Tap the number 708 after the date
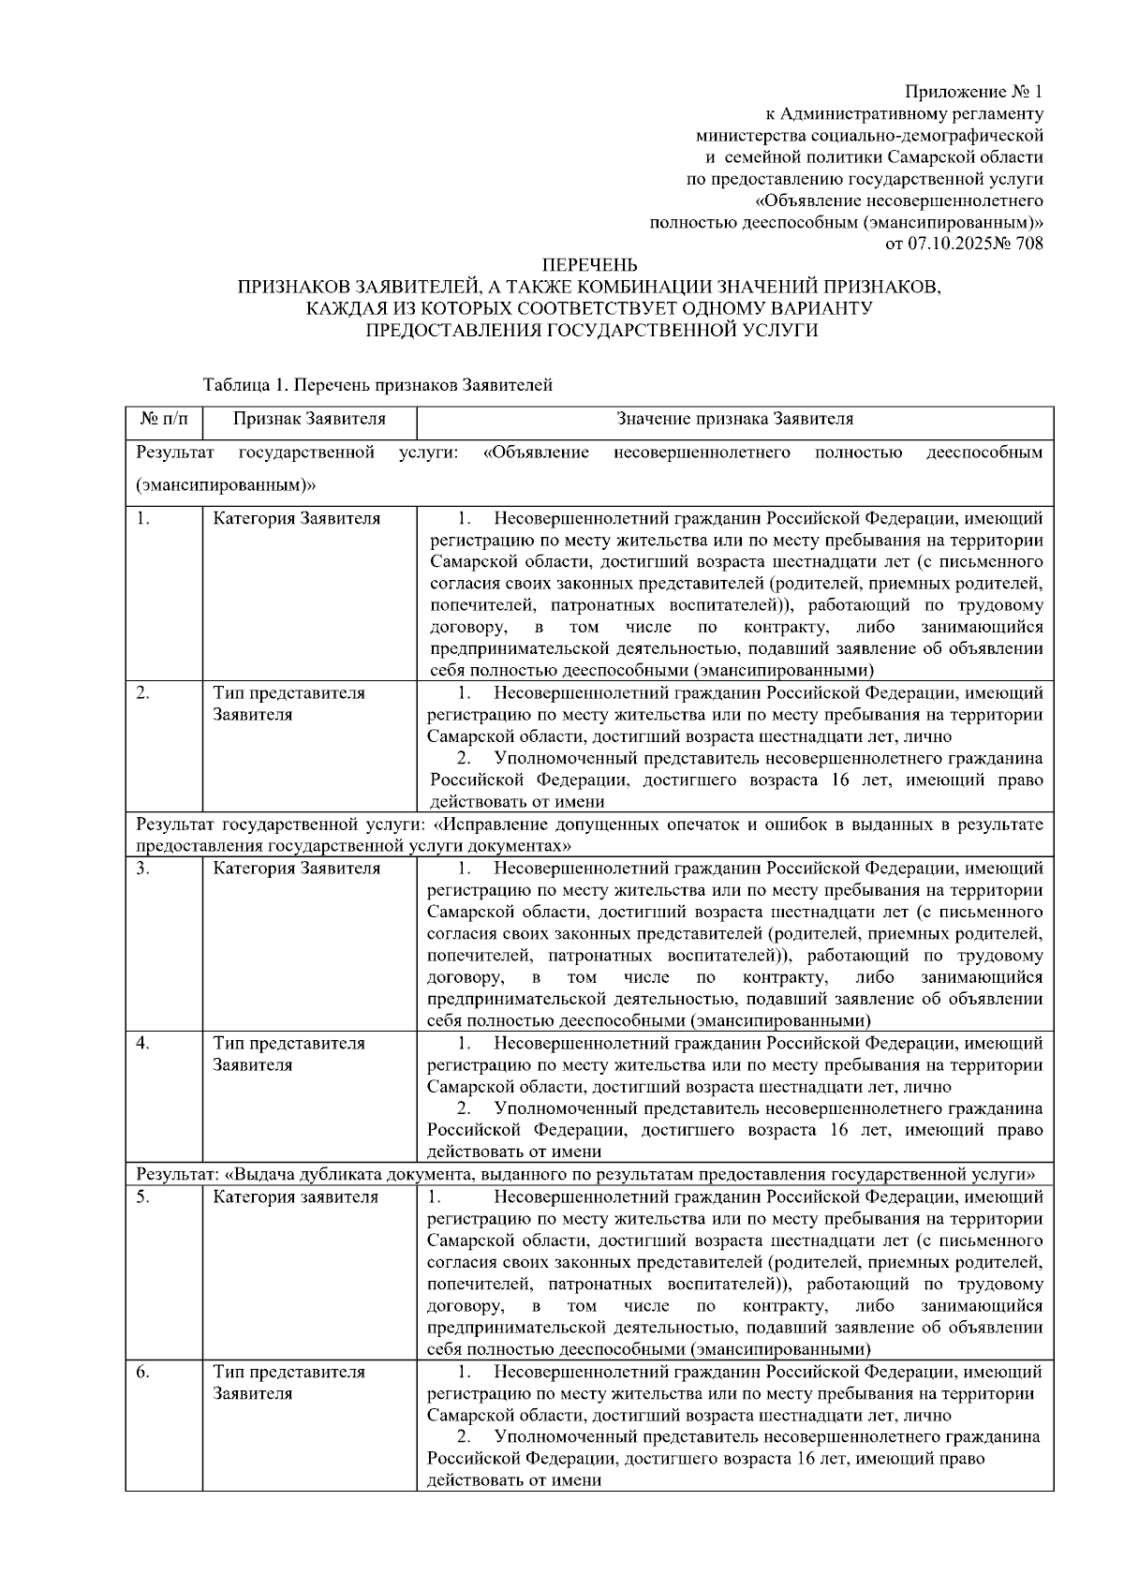coord(1028,244)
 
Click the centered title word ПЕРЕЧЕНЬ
coord(590,265)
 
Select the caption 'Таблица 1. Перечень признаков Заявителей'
coord(377,385)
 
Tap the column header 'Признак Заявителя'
coord(309,419)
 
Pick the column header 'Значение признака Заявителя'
coord(734,419)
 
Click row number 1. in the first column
coord(142,518)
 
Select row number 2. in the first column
coord(142,693)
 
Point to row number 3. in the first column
coord(142,869)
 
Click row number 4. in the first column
coord(142,1043)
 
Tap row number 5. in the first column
coord(142,1196)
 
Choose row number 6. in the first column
coord(142,1372)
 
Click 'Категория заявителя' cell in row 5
coord(295,1196)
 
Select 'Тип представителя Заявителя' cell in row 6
coord(288,1382)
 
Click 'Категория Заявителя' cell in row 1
coord(296,518)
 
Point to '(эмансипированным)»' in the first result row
coord(225,485)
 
